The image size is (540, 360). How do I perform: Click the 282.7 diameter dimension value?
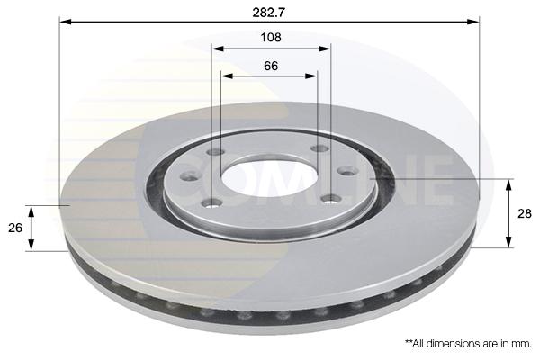269,13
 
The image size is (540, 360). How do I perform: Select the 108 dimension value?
271,37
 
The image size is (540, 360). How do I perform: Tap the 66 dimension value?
271,66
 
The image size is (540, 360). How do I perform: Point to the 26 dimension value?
15,228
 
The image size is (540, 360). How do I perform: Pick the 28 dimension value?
525,213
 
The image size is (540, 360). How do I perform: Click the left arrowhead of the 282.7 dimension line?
66,22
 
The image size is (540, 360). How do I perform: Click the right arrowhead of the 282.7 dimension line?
473,22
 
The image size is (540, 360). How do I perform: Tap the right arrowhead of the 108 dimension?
325,49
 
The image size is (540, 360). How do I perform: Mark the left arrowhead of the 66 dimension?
227,76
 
